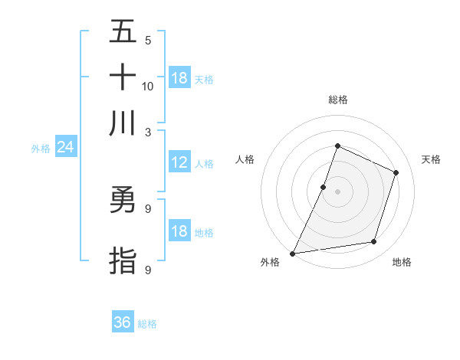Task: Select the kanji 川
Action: coord(123,123)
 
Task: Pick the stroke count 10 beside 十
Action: coord(148,86)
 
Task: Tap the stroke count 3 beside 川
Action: coord(148,131)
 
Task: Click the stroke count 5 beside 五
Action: coord(148,41)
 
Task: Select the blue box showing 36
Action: coord(123,322)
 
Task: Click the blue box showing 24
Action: coord(65,147)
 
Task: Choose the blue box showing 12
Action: coord(179,162)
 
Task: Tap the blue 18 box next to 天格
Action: coord(179,78)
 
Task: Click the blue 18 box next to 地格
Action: coord(179,232)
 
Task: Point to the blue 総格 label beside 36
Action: coord(147,324)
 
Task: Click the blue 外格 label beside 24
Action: coord(41,149)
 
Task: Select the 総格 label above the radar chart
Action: coord(337,100)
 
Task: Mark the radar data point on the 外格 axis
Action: coord(293,253)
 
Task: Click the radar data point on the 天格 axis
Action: coord(396,172)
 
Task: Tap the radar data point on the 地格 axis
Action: coord(374,242)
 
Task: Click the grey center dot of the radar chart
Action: coord(337,191)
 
